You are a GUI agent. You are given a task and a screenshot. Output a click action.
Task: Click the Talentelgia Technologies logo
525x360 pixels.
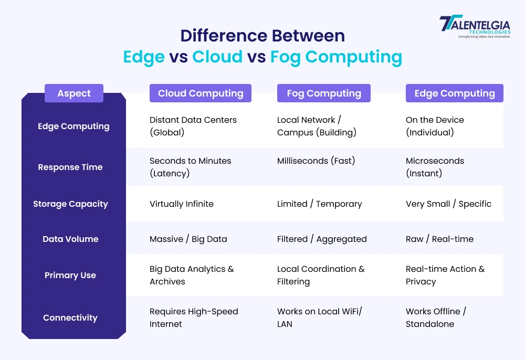(474, 27)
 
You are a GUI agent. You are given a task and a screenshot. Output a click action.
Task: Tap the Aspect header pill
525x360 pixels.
(74, 93)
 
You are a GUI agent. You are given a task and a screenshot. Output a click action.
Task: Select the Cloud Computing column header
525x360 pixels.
(201, 93)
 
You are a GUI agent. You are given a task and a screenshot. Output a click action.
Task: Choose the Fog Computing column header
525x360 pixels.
(324, 93)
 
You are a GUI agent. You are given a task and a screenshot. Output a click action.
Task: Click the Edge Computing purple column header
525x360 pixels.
(455, 93)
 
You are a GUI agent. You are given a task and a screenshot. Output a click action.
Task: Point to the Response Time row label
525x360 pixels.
(70, 167)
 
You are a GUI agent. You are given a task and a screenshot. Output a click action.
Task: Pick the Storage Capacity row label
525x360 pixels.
(70, 204)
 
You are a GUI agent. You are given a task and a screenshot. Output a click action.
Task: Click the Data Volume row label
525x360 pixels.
(70, 239)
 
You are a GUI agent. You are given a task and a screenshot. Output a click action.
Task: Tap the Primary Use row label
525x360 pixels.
(70, 276)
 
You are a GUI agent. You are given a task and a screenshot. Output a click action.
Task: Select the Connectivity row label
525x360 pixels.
(70, 318)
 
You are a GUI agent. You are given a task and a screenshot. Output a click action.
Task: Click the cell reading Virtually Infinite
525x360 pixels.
(182, 204)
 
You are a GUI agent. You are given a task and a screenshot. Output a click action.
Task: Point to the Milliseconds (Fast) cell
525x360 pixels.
(316, 161)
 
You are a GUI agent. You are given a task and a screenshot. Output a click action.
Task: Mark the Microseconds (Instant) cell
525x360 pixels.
(435, 167)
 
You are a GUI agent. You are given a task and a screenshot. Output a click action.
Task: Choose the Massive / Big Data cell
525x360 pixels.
(188, 239)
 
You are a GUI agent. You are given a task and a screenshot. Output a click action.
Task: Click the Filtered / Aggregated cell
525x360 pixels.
(322, 239)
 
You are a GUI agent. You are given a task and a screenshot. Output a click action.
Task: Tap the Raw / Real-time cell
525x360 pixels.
(439, 239)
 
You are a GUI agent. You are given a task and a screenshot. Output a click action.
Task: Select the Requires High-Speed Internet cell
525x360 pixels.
(194, 317)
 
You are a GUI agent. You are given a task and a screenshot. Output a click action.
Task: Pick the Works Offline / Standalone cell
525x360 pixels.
(436, 317)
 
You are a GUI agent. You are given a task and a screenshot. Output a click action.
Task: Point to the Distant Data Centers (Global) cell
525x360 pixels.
(193, 126)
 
